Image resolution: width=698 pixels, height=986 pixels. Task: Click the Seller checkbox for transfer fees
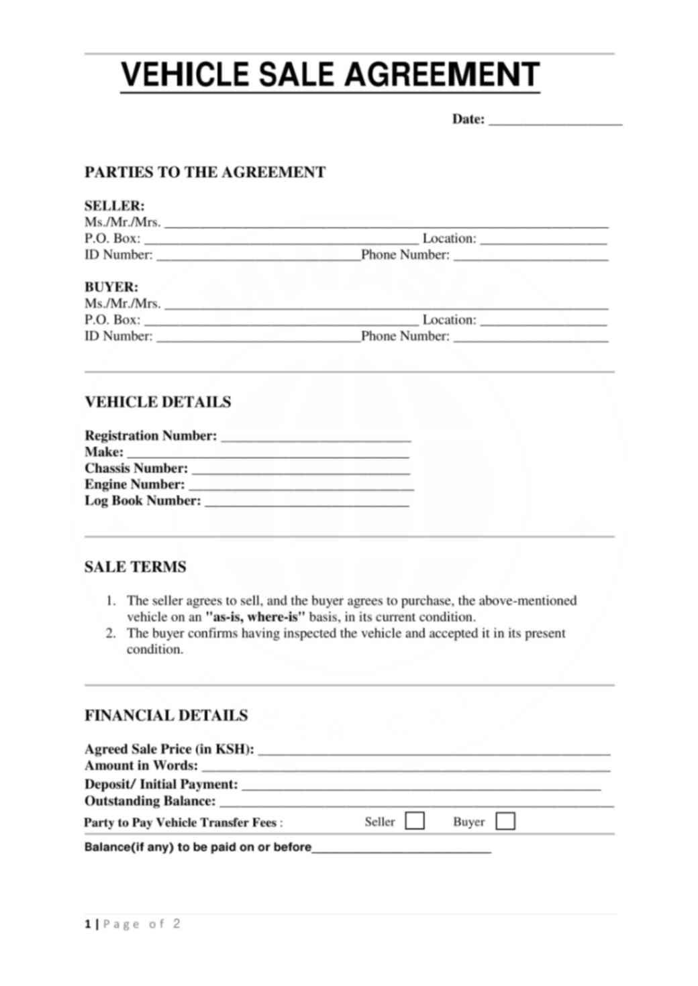click(415, 821)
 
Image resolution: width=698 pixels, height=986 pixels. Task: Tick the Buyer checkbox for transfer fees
click(505, 821)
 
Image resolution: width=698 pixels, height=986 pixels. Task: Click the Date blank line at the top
click(555, 121)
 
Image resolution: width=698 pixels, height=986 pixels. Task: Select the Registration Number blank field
click(315, 437)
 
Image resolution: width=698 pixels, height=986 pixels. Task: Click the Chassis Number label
click(136, 468)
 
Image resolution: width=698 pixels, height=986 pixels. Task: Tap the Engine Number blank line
click(301, 486)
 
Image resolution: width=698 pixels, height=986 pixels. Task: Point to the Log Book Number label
click(142, 500)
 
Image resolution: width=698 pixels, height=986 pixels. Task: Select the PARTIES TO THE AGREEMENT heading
click(205, 172)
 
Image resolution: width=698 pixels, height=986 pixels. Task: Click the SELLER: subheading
click(114, 206)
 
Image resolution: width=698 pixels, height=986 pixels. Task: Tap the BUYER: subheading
click(111, 287)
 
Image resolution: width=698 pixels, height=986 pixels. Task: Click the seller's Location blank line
click(543, 240)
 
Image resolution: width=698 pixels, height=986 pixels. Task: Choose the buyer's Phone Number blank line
click(530, 338)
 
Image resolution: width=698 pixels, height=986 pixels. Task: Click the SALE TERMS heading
click(135, 567)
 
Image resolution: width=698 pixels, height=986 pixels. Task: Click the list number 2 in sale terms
click(111, 633)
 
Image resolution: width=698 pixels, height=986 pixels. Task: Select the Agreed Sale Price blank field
click(434, 751)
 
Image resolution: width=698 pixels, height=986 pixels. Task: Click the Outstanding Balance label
click(150, 801)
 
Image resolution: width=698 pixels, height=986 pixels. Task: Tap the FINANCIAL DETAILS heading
click(166, 716)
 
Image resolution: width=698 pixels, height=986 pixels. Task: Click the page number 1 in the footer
click(88, 924)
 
